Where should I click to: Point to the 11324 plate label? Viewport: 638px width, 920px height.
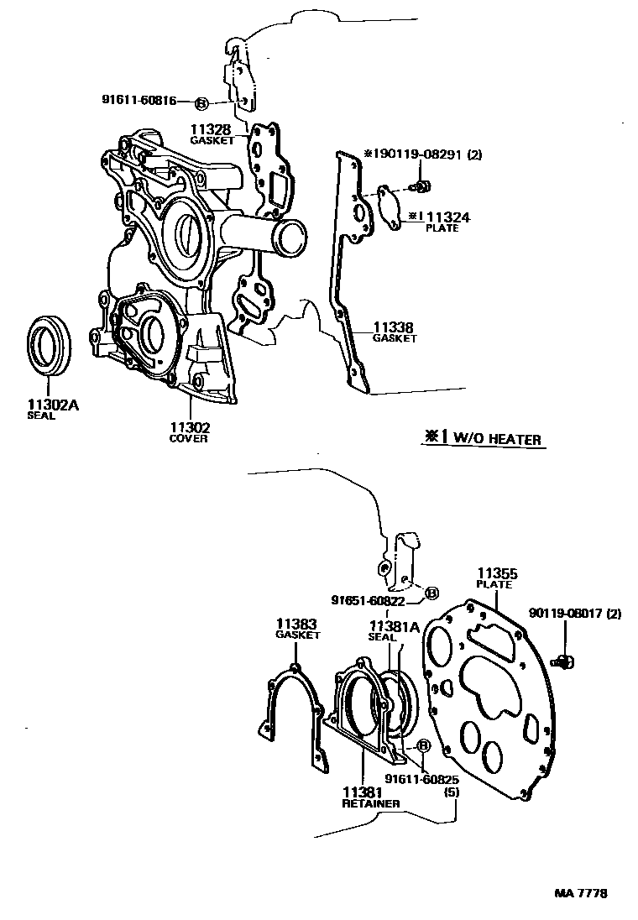tap(444, 217)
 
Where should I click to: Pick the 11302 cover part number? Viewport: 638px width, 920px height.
tap(189, 427)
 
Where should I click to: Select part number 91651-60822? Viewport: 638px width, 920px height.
tap(369, 600)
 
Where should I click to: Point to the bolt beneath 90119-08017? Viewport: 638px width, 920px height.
tap(563, 663)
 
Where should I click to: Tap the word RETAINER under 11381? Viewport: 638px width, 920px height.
tap(370, 803)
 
